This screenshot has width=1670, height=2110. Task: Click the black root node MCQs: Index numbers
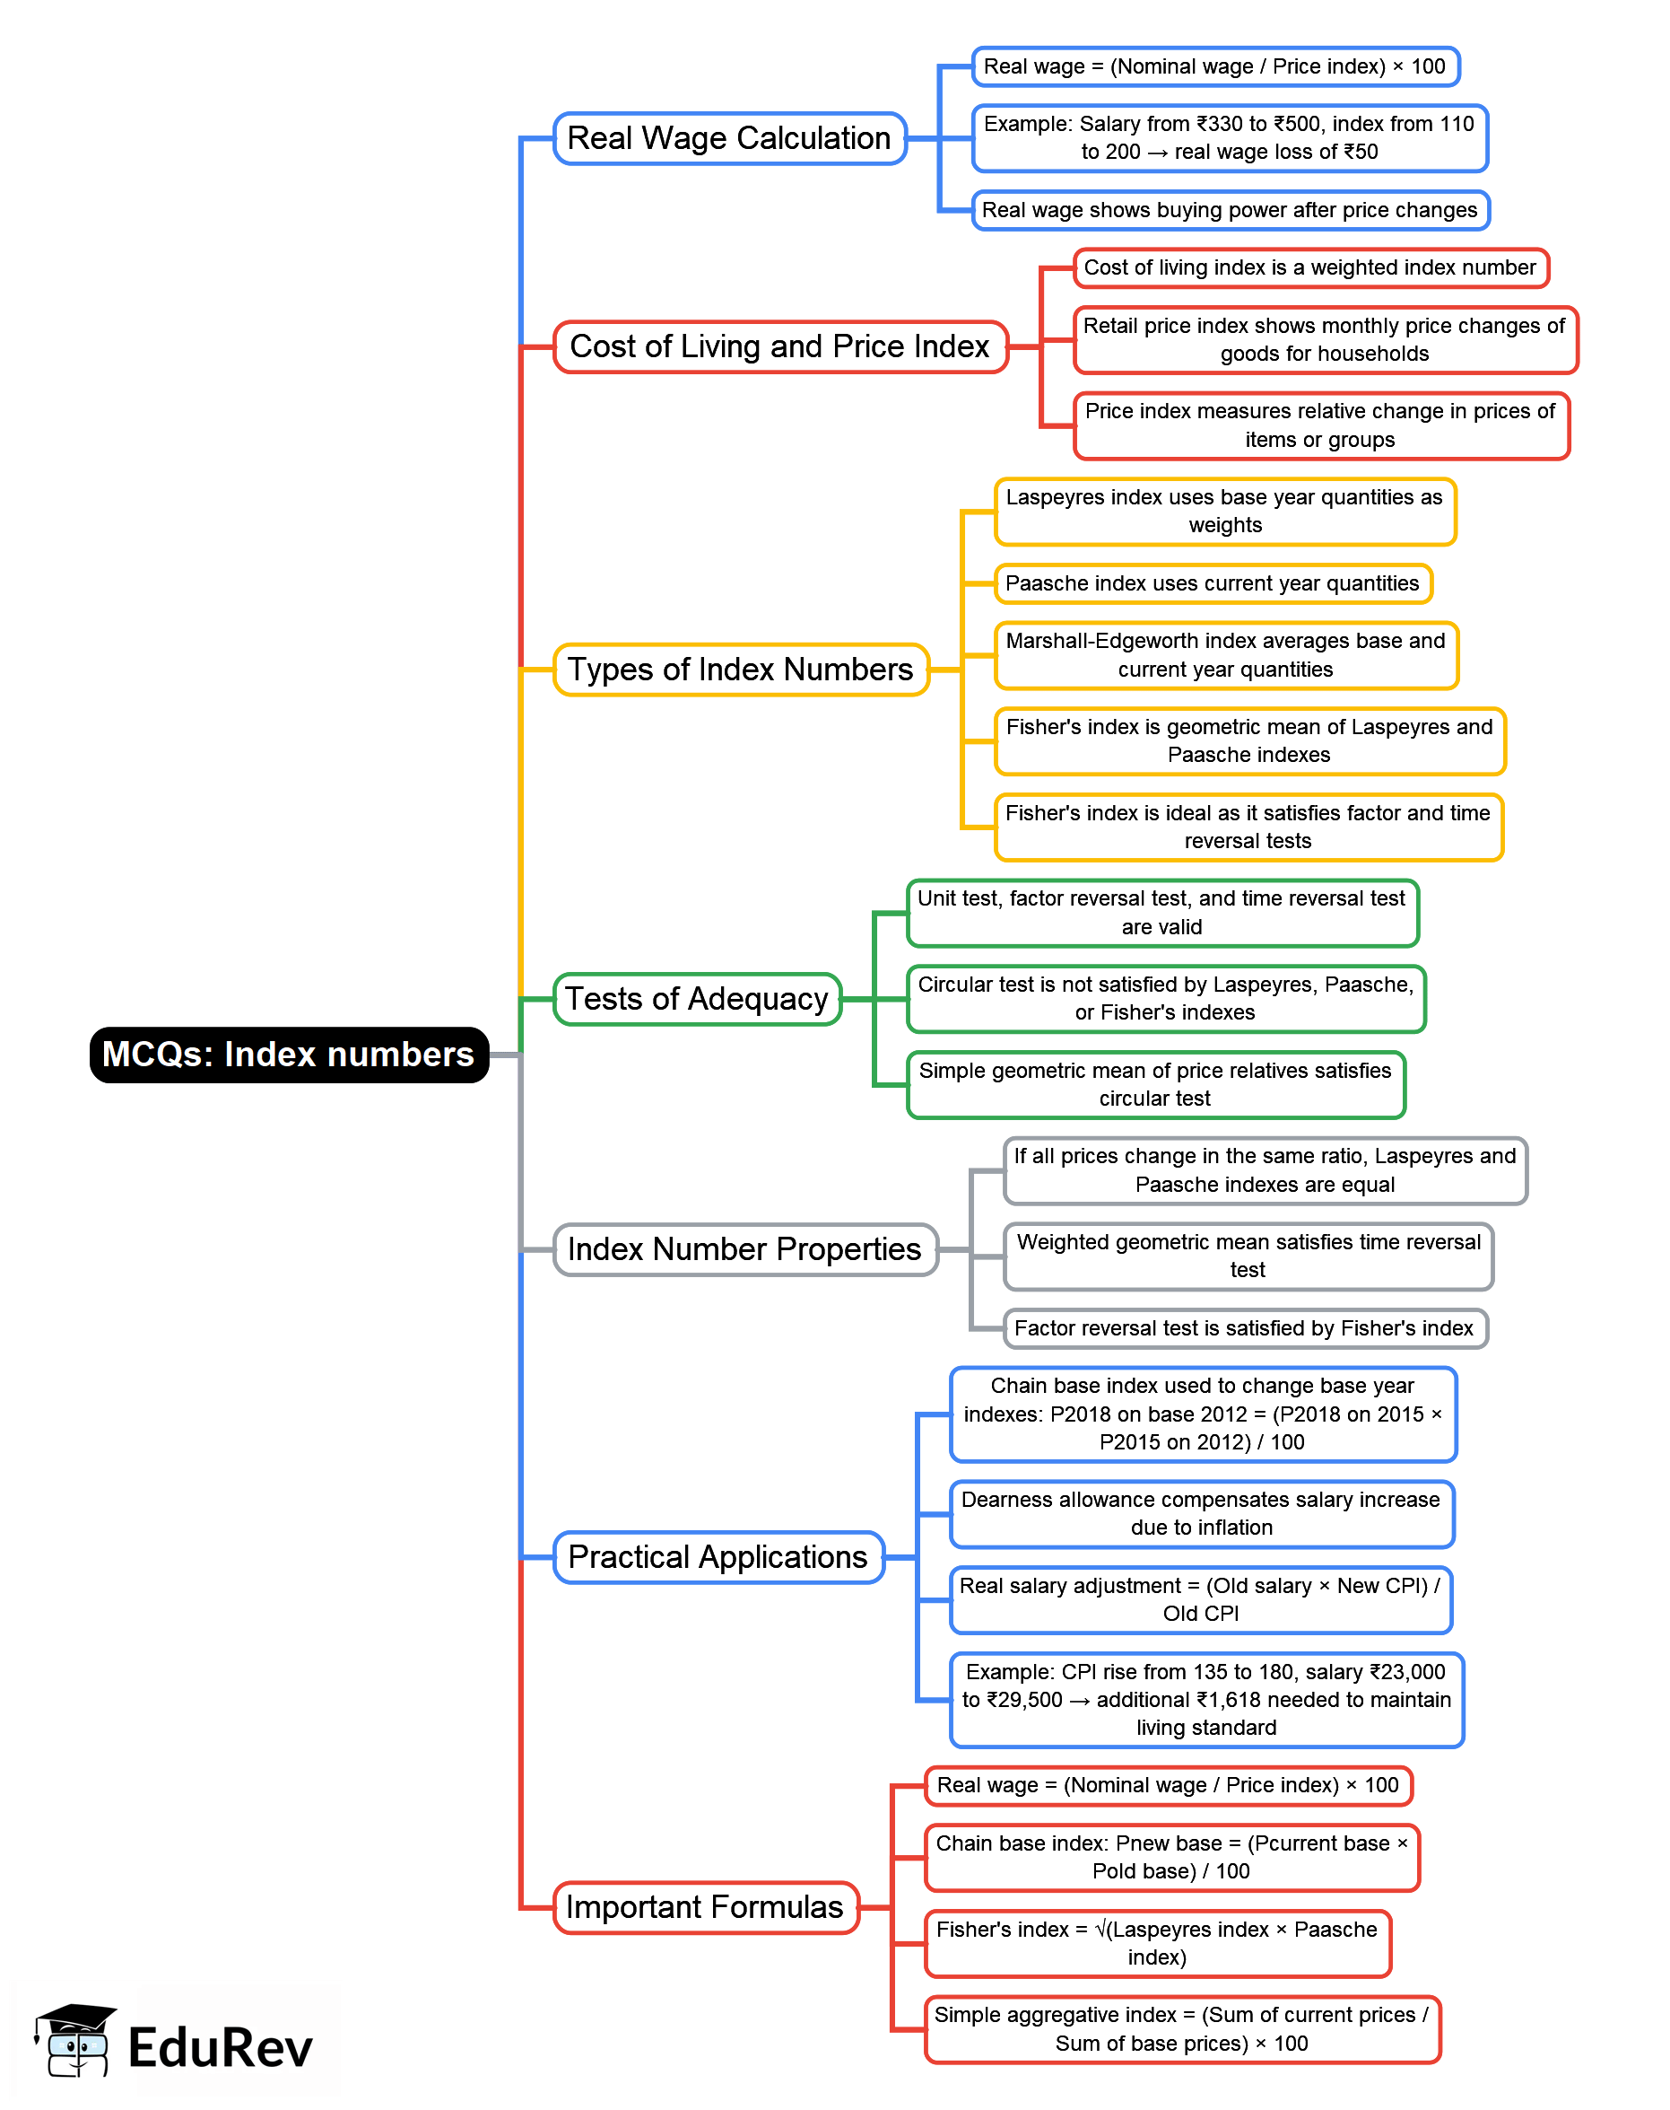(289, 1055)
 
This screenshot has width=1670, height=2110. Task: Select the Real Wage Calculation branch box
(729, 138)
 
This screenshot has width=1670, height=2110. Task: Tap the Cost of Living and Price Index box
(780, 346)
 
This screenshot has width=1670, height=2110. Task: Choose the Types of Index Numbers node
(740, 670)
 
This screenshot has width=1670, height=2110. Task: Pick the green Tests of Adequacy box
(696, 999)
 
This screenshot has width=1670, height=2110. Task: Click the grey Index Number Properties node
(745, 1249)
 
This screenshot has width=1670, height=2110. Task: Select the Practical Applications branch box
(718, 1556)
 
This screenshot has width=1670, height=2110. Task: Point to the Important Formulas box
(705, 1906)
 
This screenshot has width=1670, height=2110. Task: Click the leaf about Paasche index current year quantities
(1213, 584)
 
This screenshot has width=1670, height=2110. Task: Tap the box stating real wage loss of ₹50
(1229, 138)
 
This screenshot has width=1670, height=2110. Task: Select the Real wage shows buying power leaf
(1229, 210)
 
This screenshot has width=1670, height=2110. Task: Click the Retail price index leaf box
(1324, 339)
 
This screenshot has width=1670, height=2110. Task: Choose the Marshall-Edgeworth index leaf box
(1225, 655)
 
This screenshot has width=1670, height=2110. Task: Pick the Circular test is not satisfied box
(1165, 999)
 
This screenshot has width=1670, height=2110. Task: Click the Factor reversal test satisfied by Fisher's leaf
(1244, 1328)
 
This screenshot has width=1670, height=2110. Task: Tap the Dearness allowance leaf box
(1201, 1513)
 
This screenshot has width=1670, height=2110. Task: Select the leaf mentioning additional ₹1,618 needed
(1205, 1699)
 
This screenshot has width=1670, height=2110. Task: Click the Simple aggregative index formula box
(1181, 2029)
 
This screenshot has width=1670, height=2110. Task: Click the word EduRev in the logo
(220, 2047)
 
